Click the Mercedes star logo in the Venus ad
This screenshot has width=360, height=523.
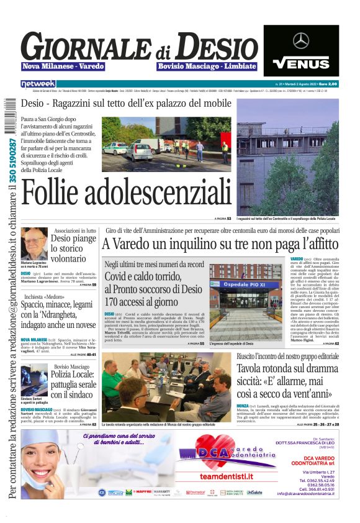tap(301, 41)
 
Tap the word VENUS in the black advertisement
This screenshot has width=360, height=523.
tap(301, 63)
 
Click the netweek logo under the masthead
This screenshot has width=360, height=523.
tap(38, 83)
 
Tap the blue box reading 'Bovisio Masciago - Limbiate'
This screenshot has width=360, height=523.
tap(207, 66)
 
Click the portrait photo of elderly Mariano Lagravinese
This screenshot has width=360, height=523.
tap(32, 243)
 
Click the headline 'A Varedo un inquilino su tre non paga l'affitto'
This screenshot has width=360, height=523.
tap(220, 244)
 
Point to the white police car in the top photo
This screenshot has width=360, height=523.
tap(115, 148)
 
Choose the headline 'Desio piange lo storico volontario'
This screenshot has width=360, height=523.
tap(73, 248)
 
